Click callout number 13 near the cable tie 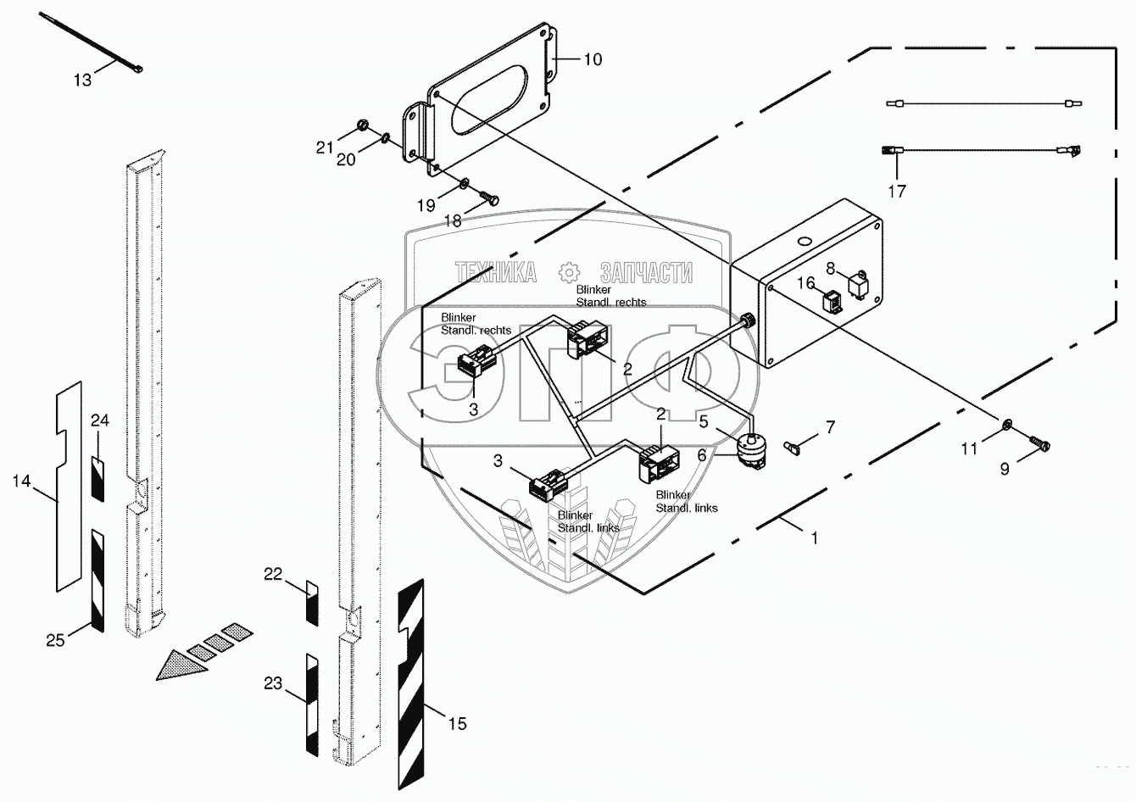82,80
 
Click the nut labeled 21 362,126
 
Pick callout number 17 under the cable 896,192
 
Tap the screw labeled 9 1040,442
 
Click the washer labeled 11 1005,424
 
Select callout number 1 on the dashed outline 815,537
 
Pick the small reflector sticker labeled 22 311,603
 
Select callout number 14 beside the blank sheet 21,481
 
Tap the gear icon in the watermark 568,272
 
